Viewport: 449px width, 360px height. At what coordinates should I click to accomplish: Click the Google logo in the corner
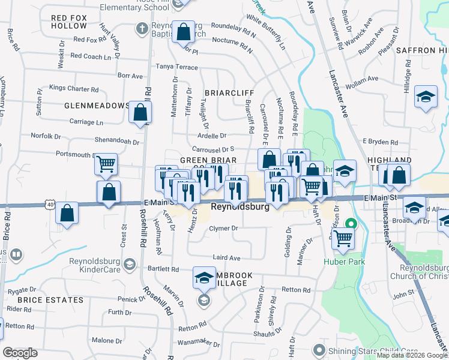(20, 353)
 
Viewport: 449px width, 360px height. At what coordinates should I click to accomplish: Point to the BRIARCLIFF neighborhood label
(229, 93)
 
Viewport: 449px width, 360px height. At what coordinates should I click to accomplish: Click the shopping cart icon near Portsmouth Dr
(106, 164)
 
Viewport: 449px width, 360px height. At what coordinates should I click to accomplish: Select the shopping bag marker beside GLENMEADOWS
(140, 112)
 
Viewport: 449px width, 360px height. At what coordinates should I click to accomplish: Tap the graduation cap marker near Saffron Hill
(426, 98)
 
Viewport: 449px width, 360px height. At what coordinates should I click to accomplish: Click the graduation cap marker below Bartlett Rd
(204, 278)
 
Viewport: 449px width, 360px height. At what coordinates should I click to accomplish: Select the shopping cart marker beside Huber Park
(343, 238)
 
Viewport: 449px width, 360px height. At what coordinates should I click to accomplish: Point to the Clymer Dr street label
(224, 229)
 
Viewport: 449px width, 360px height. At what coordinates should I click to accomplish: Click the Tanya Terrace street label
(176, 67)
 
